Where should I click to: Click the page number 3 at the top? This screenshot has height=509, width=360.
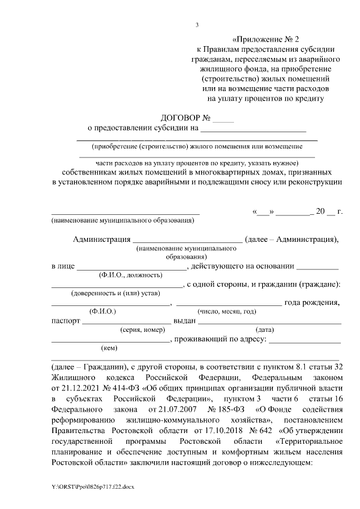point(196,24)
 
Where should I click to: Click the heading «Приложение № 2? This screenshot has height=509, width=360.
point(266,39)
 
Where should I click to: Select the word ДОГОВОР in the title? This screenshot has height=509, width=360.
point(179,118)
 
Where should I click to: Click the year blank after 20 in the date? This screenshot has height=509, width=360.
point(331,212)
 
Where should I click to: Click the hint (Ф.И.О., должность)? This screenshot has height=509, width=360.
point(130,275)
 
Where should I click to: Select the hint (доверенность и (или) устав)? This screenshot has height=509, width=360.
point(115,294)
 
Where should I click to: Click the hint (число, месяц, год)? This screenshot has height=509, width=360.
point(226,312)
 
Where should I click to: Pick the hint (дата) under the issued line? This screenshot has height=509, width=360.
point(264,330)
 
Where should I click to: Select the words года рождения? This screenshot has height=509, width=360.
point(312,303)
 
